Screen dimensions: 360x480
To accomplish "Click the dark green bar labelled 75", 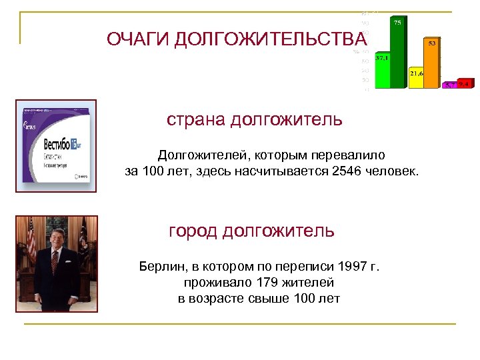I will (397, 53).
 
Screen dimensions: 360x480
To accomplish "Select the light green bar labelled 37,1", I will (383, 72).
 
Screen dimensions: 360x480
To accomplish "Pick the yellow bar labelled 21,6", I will (416, 78).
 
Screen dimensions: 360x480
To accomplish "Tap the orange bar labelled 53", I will (432, 63).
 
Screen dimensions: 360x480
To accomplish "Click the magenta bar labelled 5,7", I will (451, 85).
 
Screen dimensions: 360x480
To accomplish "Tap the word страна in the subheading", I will (196, 120).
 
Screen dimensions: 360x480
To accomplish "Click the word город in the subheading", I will (193, 231).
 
